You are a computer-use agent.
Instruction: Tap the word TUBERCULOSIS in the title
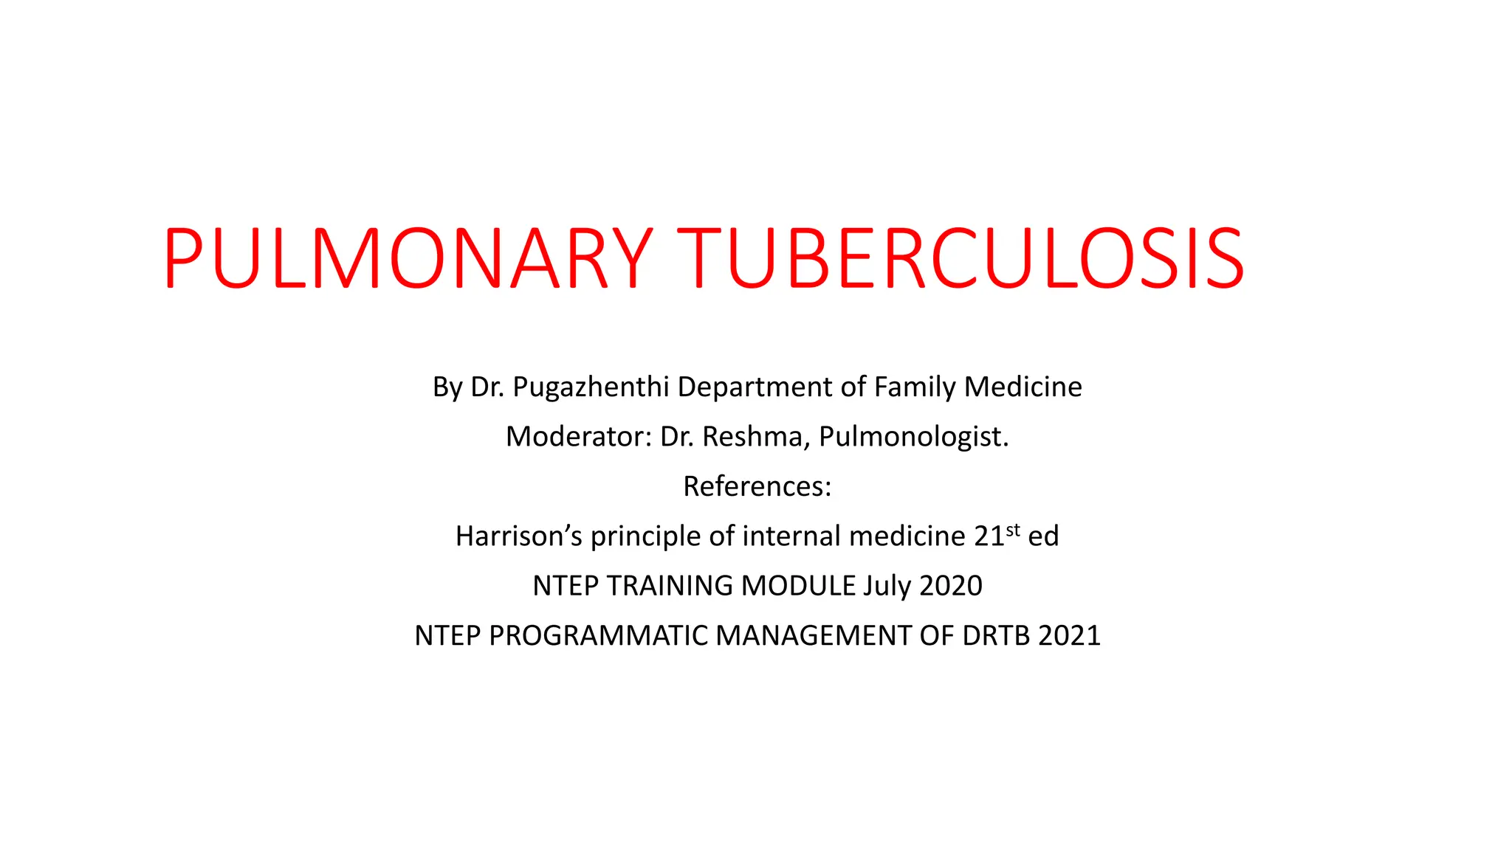(x=960, y=258)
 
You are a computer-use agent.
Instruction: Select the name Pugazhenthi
(x=591, y=387)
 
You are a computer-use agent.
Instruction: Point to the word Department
(x=769, y=387)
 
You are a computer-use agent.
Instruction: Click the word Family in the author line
(x=915, y=387)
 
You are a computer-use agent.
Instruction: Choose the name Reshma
(x=752, y=437)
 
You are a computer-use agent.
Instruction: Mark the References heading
(x=757, y=486)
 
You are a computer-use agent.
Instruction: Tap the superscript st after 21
(x=1013, y=529)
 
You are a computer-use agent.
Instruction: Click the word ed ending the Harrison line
(x=1043, y=536)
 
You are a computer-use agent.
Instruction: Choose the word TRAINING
(x=670, y=586)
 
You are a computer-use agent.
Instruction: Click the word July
(x=887, y=586)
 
